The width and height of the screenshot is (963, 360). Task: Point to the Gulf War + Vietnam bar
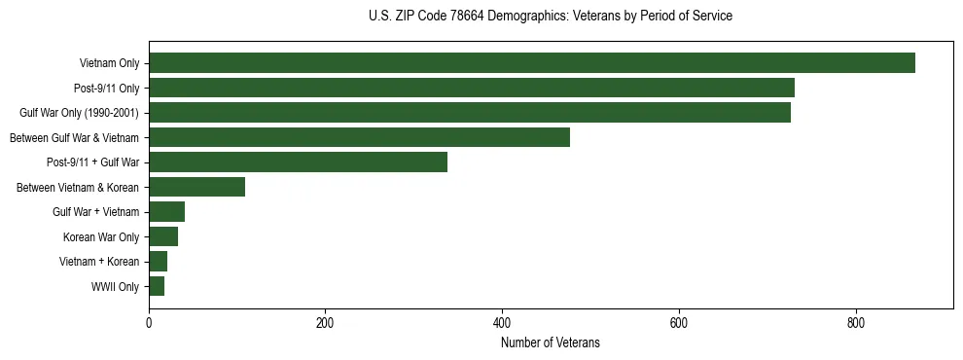tap(166, 212)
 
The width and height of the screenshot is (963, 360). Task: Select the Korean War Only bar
tap(163, 236)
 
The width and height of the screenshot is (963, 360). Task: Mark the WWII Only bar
tap(157, 286)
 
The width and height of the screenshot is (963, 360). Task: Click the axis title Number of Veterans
tap(550, 342)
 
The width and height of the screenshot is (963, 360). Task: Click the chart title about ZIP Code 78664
tap(550, 17)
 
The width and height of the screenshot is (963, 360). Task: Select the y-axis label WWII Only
tap(115, 287)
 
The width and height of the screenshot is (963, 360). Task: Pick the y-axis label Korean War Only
tap(101, 237)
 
